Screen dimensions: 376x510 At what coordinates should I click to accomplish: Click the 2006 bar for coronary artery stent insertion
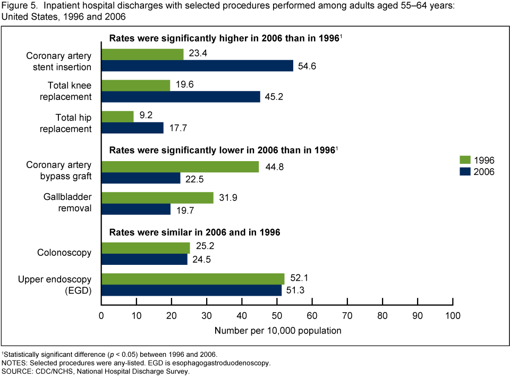(x=197, y=66)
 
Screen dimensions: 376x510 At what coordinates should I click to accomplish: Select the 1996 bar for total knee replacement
(x=135, y=85)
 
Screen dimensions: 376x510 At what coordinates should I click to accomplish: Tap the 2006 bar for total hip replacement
(x=132, y=128)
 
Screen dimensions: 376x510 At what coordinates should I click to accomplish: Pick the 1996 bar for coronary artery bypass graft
(x=180, y=166)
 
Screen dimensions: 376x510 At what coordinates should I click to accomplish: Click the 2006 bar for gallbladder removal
(x=136, y=208)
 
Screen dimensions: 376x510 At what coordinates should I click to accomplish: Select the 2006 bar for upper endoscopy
(x=192, y=290)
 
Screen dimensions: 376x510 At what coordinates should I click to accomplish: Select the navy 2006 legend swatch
(x=465, y=172)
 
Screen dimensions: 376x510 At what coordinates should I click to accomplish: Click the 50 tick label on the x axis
(x=277, y=315)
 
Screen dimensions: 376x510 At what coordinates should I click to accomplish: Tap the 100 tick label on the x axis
(x=453, y=315)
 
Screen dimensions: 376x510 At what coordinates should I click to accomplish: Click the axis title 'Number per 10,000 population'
(x=278, y=331)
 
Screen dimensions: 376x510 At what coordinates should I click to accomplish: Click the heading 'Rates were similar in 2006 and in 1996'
(x=195, y=232)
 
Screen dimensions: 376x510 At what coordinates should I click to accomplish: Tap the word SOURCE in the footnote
(x=16, y=371)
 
